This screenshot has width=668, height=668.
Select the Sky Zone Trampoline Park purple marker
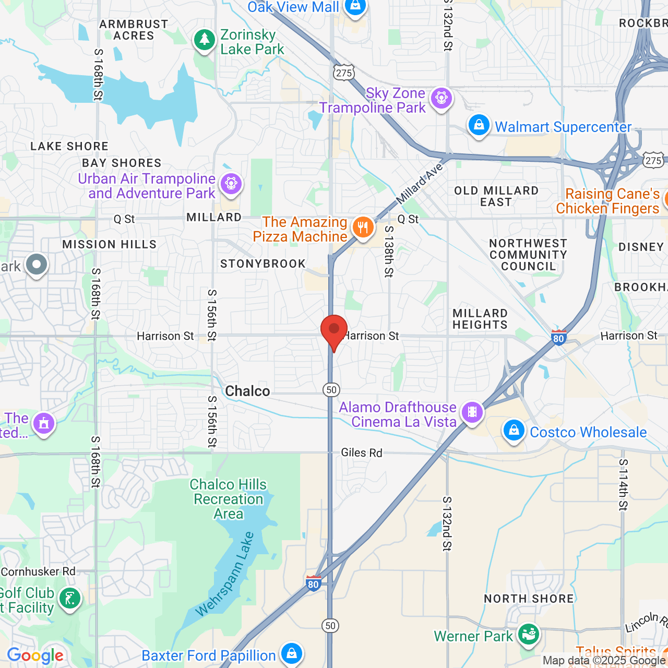pyautogui.click(x=442, y=98)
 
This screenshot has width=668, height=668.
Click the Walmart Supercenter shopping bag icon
pyautogui.click(x=479, y=125)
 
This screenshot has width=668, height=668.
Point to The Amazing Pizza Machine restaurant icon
pyautogui.click(x=363, y=228)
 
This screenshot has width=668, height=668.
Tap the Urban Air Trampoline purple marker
pyautogui.click(x=231, y=184)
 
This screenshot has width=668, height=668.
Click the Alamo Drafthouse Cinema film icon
pyautogui.click(x=472, y=412)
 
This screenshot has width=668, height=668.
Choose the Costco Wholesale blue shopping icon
pyautogui.click(x=514, y=431)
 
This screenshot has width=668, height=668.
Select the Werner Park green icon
pyautogui.click(x=529, y=635)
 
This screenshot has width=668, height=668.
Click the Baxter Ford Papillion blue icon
pyautogui.click(x=291, y=653)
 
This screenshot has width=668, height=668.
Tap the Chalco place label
pyautogui.click(x=247, y=391)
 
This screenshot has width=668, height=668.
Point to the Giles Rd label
pyautogui.click(x=362, y=452)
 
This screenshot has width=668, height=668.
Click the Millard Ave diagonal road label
pyautogui.click(x=420, y=184)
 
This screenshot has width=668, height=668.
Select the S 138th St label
pyautogui.click(x=389, y=251)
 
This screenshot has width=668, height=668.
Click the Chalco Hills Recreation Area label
pyautogui.click(x=228, y=499)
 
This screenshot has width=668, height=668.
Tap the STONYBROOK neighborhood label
pyautogui.click(x=263, y=264)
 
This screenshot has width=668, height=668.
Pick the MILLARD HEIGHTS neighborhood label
pyautogui.click(x=480, y=319)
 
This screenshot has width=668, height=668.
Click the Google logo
pyautogui.click(x=35, y=655)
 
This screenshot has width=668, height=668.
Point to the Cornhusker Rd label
pyautogui.click(x=38, y=571)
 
